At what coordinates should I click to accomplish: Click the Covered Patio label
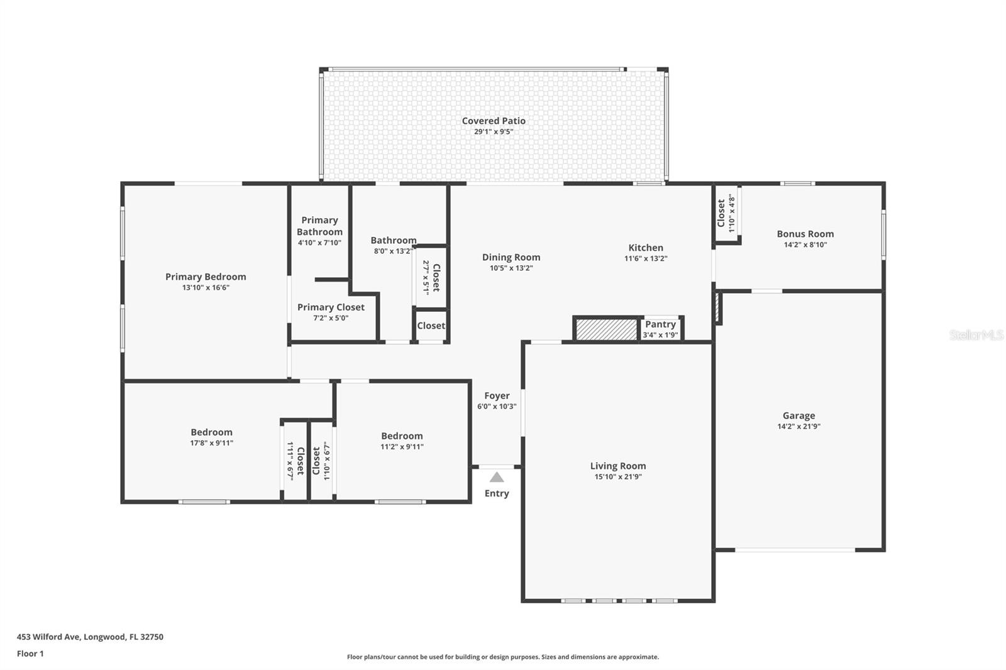pyautogui.click(x=494, y=121)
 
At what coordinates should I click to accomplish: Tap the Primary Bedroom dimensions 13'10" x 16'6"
pyautogui.click(x=206, y=287)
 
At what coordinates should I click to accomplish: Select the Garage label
pyautogui.click(x=799, y=416)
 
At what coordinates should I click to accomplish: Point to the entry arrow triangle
pyautogui.click(x=496, y=477)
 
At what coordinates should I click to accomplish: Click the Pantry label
pyautogui.click(x=660, y=324)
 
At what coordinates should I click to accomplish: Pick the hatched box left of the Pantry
pyautogui.click(x=607, y=329)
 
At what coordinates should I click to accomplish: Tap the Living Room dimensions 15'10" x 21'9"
pyautogui.click(x=618, y=476)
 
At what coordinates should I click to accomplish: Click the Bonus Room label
pyautogui.click(x=805, y=234)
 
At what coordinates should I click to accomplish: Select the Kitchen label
pyautogui.click(x=646, y=248)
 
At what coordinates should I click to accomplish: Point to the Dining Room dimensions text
pyautogui.click(x=511, y=268)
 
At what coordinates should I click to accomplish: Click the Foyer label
pyautogui.click(x=497, y=395)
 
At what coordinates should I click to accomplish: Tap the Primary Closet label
pyautogui.click(x=331, y=307)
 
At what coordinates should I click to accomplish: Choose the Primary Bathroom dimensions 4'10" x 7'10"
pyautogui.click(x=319, y=243)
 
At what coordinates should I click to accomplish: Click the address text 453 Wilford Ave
pyautogui.click(x=49, y=637)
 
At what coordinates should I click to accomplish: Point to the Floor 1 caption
pyautogui.click(x=30, y=654)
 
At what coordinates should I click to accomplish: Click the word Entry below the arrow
pyautogui.click(x=497, y=493)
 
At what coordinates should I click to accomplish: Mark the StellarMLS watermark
pyautogui.click(x=976, y=335)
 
